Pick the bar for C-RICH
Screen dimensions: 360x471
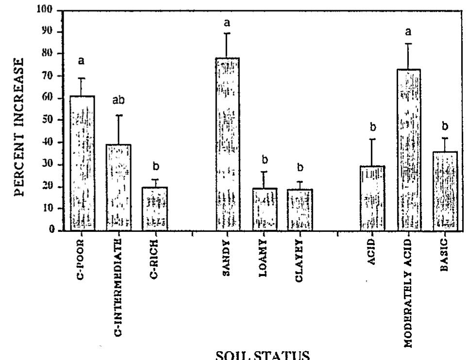point(155,208)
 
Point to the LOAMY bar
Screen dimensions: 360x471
point(265,209)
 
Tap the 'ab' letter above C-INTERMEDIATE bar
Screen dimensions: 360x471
point(118,100)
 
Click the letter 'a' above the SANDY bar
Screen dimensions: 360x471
point(227,22)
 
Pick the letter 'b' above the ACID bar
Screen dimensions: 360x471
point(372,127)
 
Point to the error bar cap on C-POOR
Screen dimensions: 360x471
point(82,78)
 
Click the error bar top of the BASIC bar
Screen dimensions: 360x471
point(445,138)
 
